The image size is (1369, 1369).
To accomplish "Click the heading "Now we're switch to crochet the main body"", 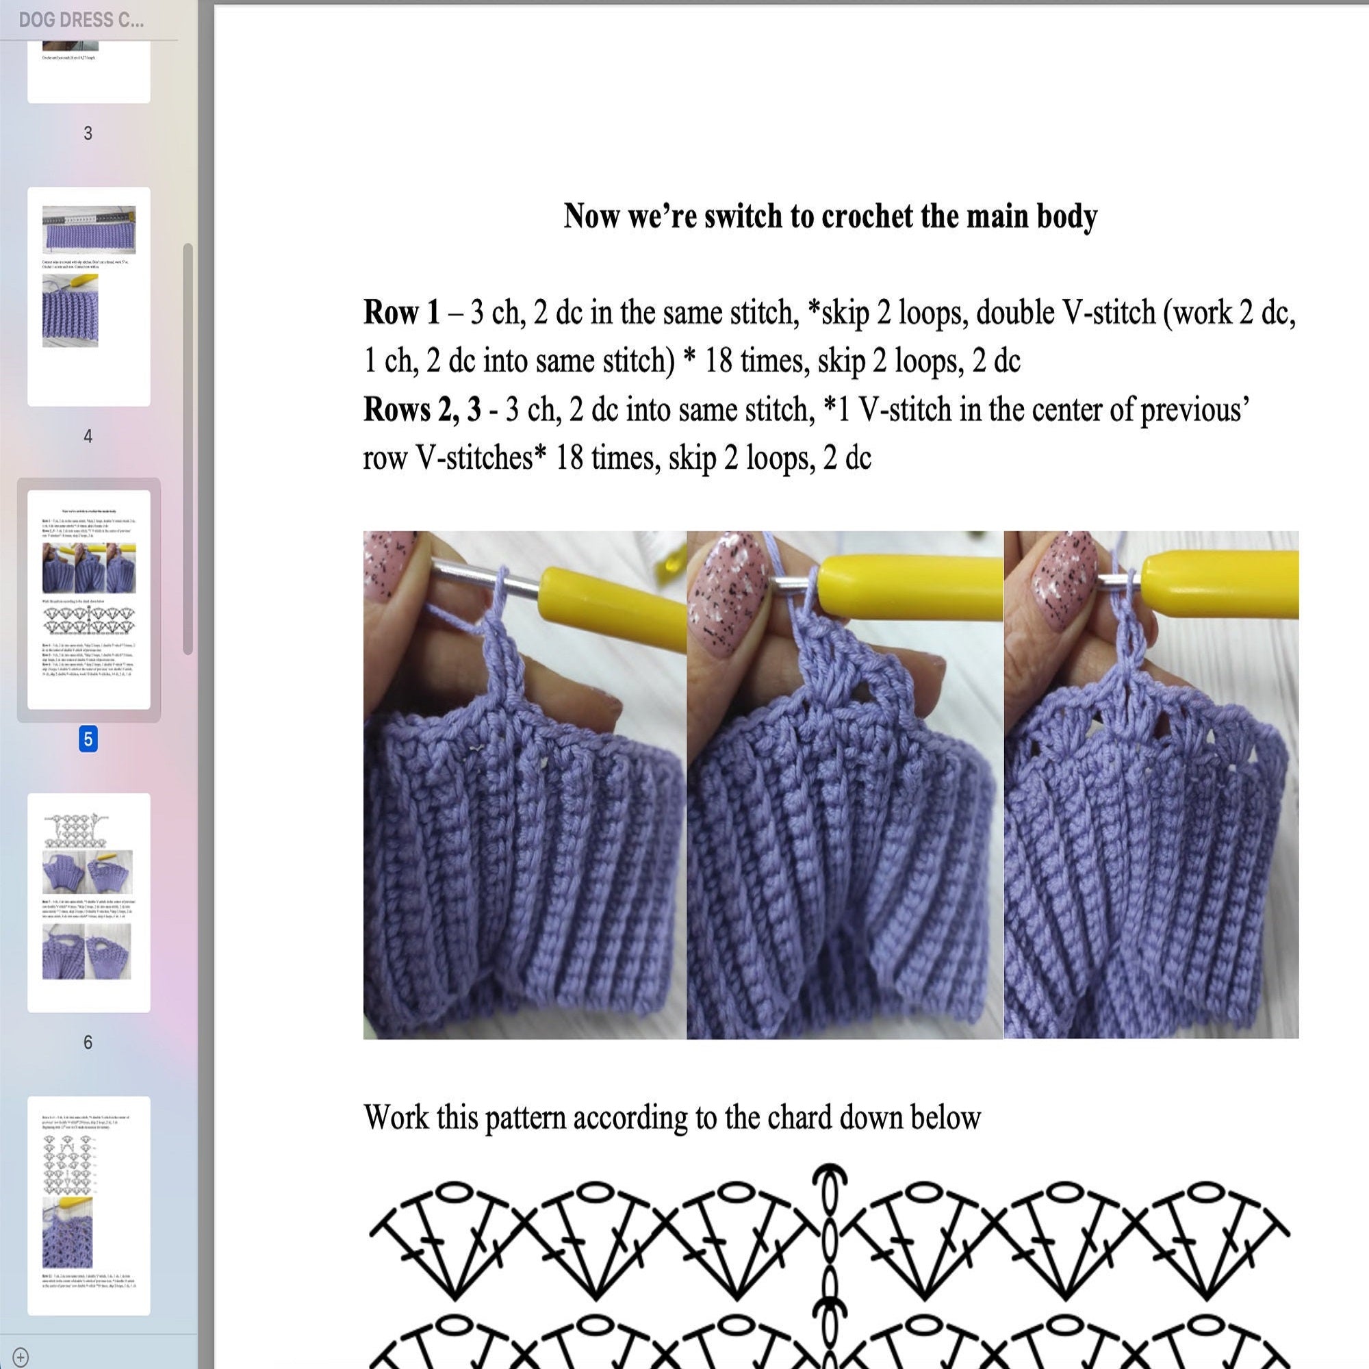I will point(830,216).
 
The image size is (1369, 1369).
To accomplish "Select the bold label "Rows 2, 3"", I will point(422,409).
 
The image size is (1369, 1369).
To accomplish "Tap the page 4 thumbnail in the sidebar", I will point(88,296).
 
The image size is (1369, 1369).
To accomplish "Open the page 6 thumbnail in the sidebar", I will point(88,902).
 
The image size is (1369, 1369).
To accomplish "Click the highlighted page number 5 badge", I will point(88,739).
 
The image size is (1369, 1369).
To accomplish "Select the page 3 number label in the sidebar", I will point(88,133).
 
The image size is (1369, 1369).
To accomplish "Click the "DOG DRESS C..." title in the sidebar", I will point(81,20).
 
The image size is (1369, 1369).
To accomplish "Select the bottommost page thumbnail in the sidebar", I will point(88,1205).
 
